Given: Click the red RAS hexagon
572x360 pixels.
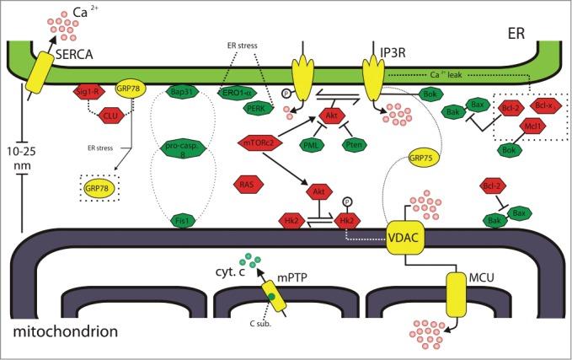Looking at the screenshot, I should tap(248, 182).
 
